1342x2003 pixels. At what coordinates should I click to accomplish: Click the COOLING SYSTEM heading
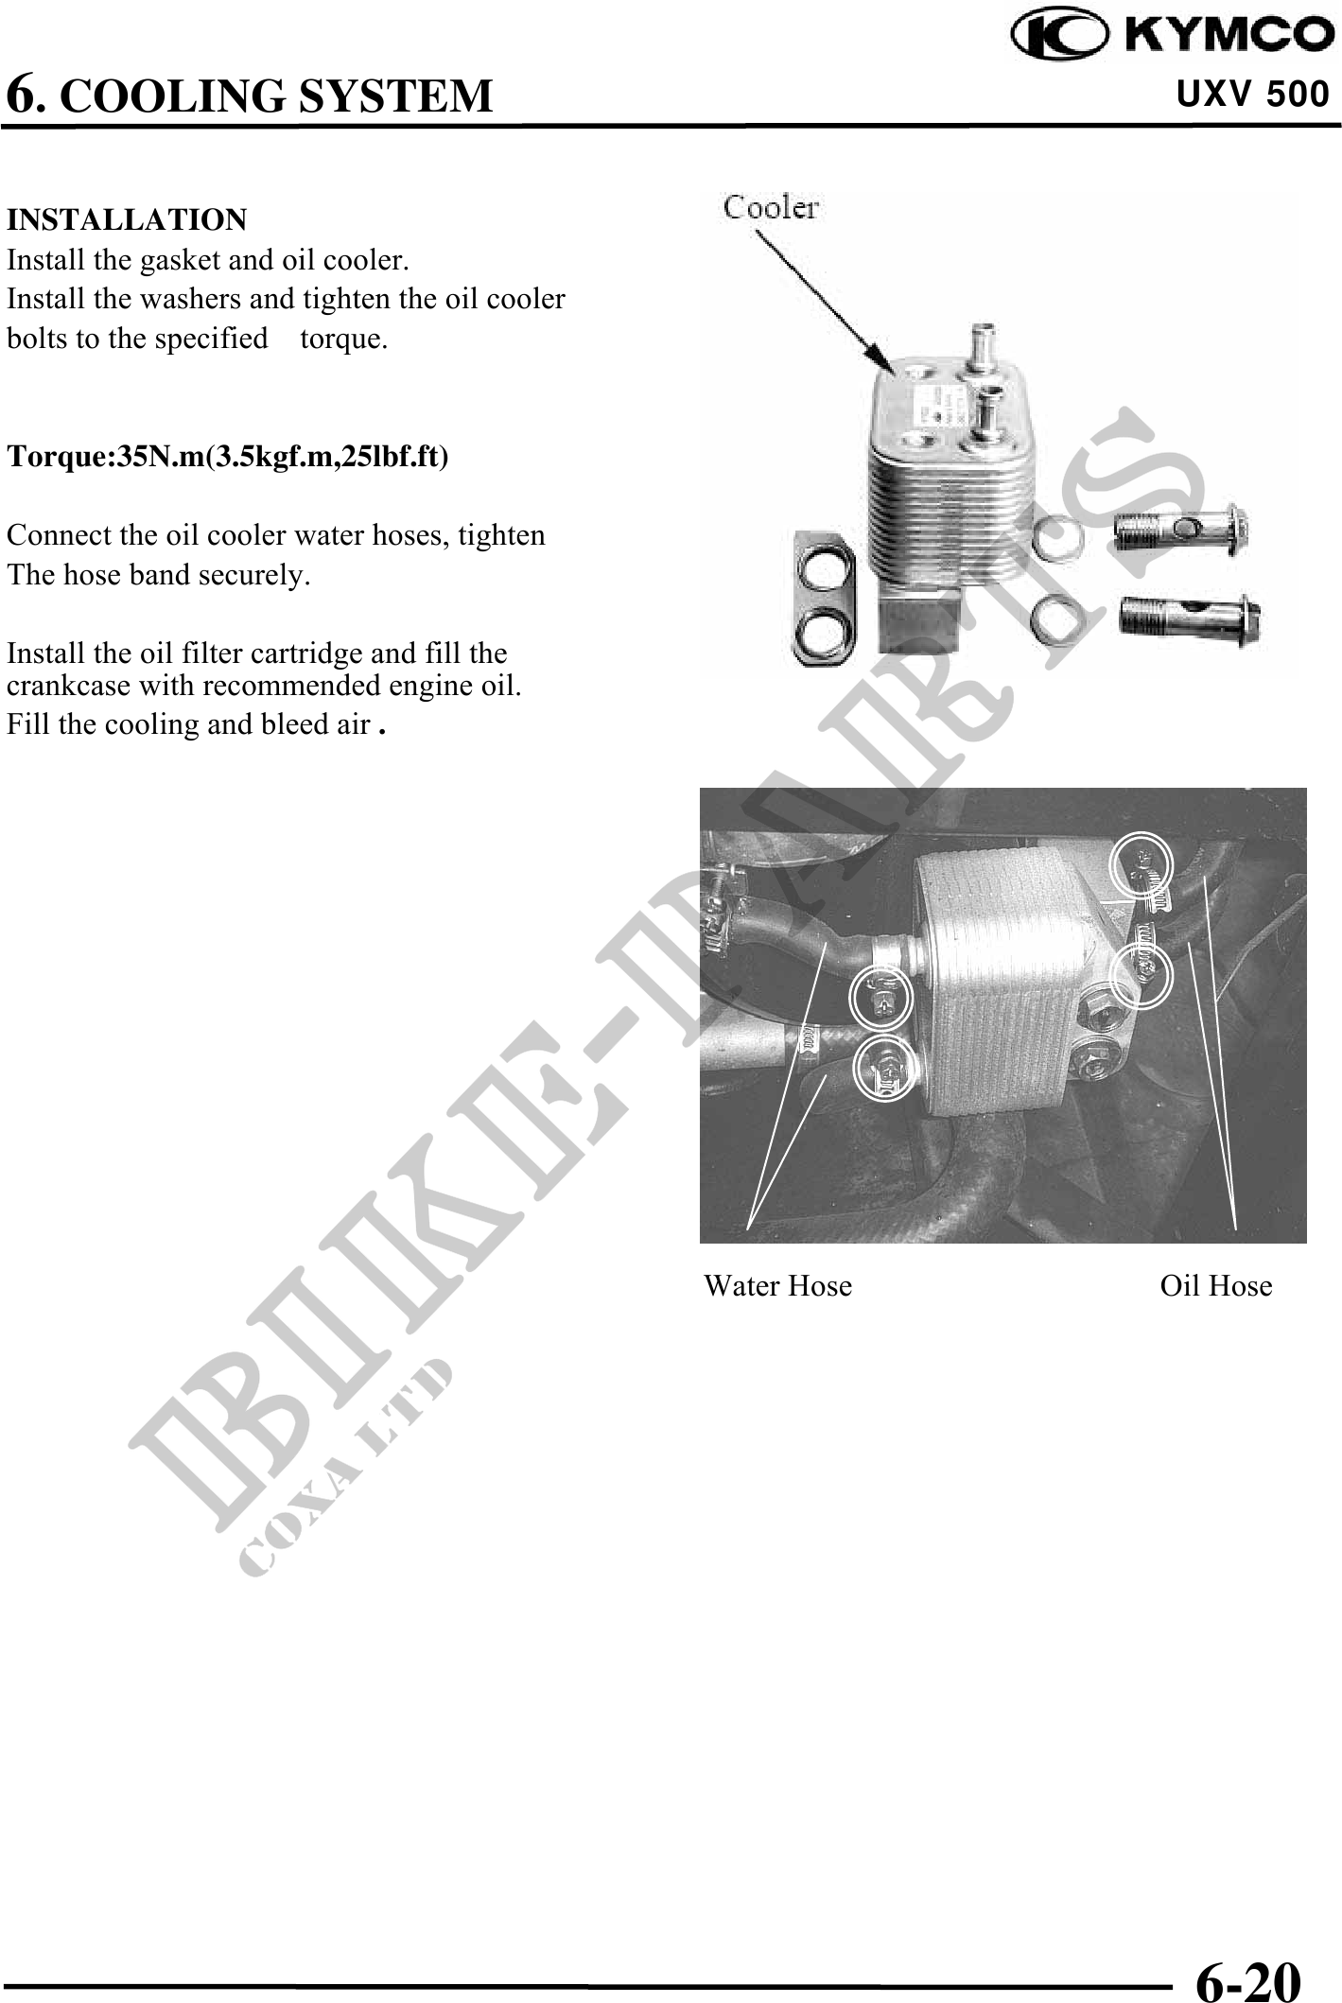(250, 95)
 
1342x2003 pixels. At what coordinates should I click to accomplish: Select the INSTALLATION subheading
(127, 220)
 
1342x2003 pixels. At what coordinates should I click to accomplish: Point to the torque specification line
(228, 457)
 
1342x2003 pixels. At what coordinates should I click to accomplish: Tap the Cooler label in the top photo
(771, 207)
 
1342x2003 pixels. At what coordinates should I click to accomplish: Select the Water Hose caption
(777, 1286)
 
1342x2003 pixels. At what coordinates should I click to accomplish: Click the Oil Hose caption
(1216, 1286)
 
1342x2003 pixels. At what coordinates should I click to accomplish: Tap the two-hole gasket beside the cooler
(821, 597)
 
